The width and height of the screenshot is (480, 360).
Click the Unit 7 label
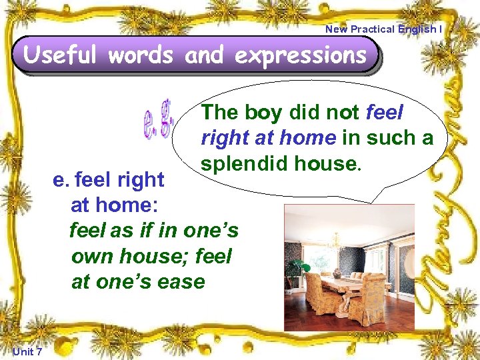(27, 351)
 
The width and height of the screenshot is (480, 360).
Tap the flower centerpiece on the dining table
(337, 271)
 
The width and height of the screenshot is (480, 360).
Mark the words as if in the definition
(137, 231)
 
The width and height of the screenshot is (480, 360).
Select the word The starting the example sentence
(219, 113)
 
